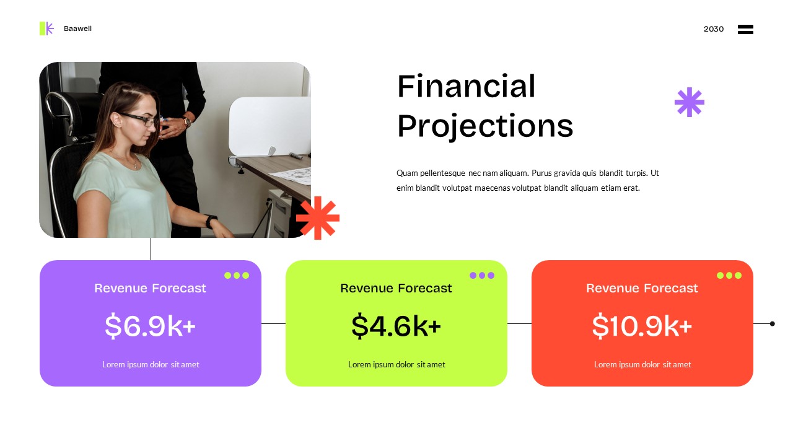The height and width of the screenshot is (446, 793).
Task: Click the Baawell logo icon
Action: [46, 28]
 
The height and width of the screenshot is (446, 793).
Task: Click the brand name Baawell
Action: [77, 28]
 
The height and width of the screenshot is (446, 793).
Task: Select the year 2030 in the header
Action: [713, 29]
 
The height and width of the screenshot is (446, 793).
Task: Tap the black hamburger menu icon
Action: [745, 29]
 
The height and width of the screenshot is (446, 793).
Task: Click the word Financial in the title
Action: [466, 87]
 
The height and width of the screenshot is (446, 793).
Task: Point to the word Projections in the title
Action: [484, 126]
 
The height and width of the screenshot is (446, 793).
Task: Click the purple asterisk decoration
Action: [689, 102]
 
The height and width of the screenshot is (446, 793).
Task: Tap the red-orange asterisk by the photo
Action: [318, 218]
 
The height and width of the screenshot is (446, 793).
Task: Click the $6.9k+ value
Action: [150, 326]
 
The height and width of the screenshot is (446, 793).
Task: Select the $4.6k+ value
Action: [396, 326]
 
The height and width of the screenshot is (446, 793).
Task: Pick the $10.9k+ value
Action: [642, 326]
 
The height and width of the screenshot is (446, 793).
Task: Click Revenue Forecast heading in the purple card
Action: [150, 288]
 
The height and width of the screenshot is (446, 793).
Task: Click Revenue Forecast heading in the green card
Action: [396, 288]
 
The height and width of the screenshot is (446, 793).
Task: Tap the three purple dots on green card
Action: [482, 275]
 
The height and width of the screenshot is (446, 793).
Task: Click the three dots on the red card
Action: [729, 275]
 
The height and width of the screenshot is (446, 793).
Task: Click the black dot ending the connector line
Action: [772, 323]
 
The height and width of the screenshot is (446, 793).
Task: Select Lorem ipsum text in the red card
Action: [642, 364]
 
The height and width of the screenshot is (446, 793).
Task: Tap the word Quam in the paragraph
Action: [407, 173]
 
